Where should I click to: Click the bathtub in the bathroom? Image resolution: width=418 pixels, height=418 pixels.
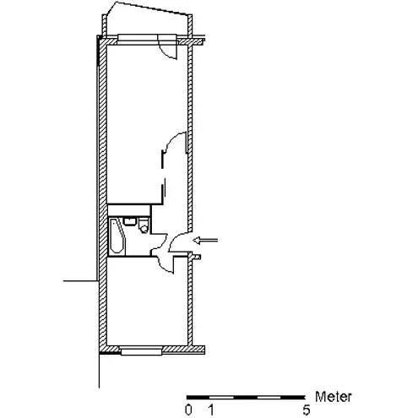click(117, 236)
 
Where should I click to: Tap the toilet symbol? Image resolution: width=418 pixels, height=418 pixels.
click(144, 225)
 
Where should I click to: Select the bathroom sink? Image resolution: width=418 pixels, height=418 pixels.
click(130, 221)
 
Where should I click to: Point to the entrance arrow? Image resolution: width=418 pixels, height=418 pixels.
click(205, 240)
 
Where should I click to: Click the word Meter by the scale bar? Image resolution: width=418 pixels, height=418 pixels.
click(334, 397)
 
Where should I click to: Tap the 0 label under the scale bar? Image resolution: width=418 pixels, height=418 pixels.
click(188, 410)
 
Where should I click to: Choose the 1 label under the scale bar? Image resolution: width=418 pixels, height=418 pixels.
click(211, 410)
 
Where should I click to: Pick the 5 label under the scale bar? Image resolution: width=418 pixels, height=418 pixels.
click(307, 410)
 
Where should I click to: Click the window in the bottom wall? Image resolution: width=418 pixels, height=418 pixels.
click(141, 351)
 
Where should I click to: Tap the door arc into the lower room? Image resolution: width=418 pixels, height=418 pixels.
click(165, 264)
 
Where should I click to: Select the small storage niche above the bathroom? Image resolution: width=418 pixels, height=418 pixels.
click(129, 210)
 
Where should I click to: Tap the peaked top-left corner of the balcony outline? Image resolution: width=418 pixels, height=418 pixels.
click(115, 2)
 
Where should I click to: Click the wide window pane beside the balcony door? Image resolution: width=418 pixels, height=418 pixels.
click(138, 38)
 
